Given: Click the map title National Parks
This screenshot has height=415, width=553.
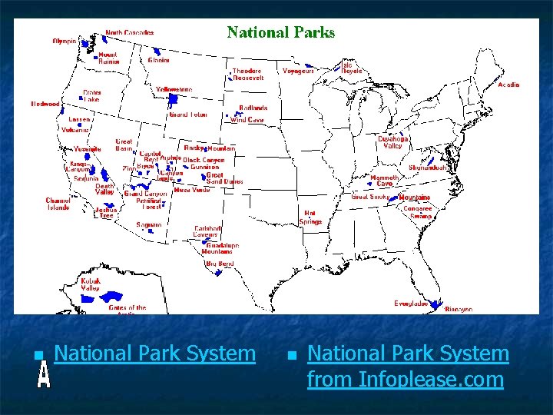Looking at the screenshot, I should click(x=281, y=32).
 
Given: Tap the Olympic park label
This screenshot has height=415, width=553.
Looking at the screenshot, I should click(x=65, y=41).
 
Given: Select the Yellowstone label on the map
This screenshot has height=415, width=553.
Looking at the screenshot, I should click(x=174, y=89).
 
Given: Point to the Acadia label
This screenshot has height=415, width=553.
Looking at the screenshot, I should click(x=508, y=85).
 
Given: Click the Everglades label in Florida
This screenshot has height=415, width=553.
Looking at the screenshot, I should click(x=411, y=304).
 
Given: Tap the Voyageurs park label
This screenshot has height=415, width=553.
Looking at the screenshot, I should click(x=298, y=71).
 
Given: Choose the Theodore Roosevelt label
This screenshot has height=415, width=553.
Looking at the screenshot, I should click(x=248, y=74).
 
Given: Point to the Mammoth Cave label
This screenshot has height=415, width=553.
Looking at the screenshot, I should click(x=384, y=181).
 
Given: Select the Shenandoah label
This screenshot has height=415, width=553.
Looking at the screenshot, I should click(x=429, y=167).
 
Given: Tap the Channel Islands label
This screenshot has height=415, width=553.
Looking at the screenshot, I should click(x=58, y=204).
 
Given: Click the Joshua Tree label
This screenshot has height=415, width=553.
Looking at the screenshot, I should click(x=105, y=212).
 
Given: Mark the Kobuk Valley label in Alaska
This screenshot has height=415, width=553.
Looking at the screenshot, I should click(x=91, y=284).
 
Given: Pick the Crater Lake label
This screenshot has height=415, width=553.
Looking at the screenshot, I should click(x=91, y=95).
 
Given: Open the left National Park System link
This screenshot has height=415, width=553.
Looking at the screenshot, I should click(x=155, y=354).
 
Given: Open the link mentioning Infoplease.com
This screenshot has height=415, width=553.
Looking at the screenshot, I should click(x=407, y=366).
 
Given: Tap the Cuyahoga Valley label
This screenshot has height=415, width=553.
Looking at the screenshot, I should click(x=392, y=142).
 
